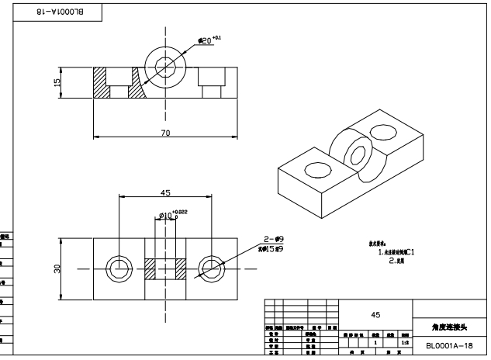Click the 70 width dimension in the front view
pyautogui.click(x=165, y=133)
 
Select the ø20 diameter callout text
pyautogui.click(x=209, y=39)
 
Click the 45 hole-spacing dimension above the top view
pyautogui.click(x=165, y=192)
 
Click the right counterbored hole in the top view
pyautogui.click(x=211, y=268)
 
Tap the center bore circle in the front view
pyautogui.click(x=165, y=67)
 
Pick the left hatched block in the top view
pyautogui.click(x=150, y=268)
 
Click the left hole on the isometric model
pyautogui.click(x=316, y=168)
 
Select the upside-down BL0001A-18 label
pyautogui.click(x=57, y=12)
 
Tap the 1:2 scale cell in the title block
pyautogui.click(x=405, y=342)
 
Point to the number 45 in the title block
pyautogui.click(x=375, y=314)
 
